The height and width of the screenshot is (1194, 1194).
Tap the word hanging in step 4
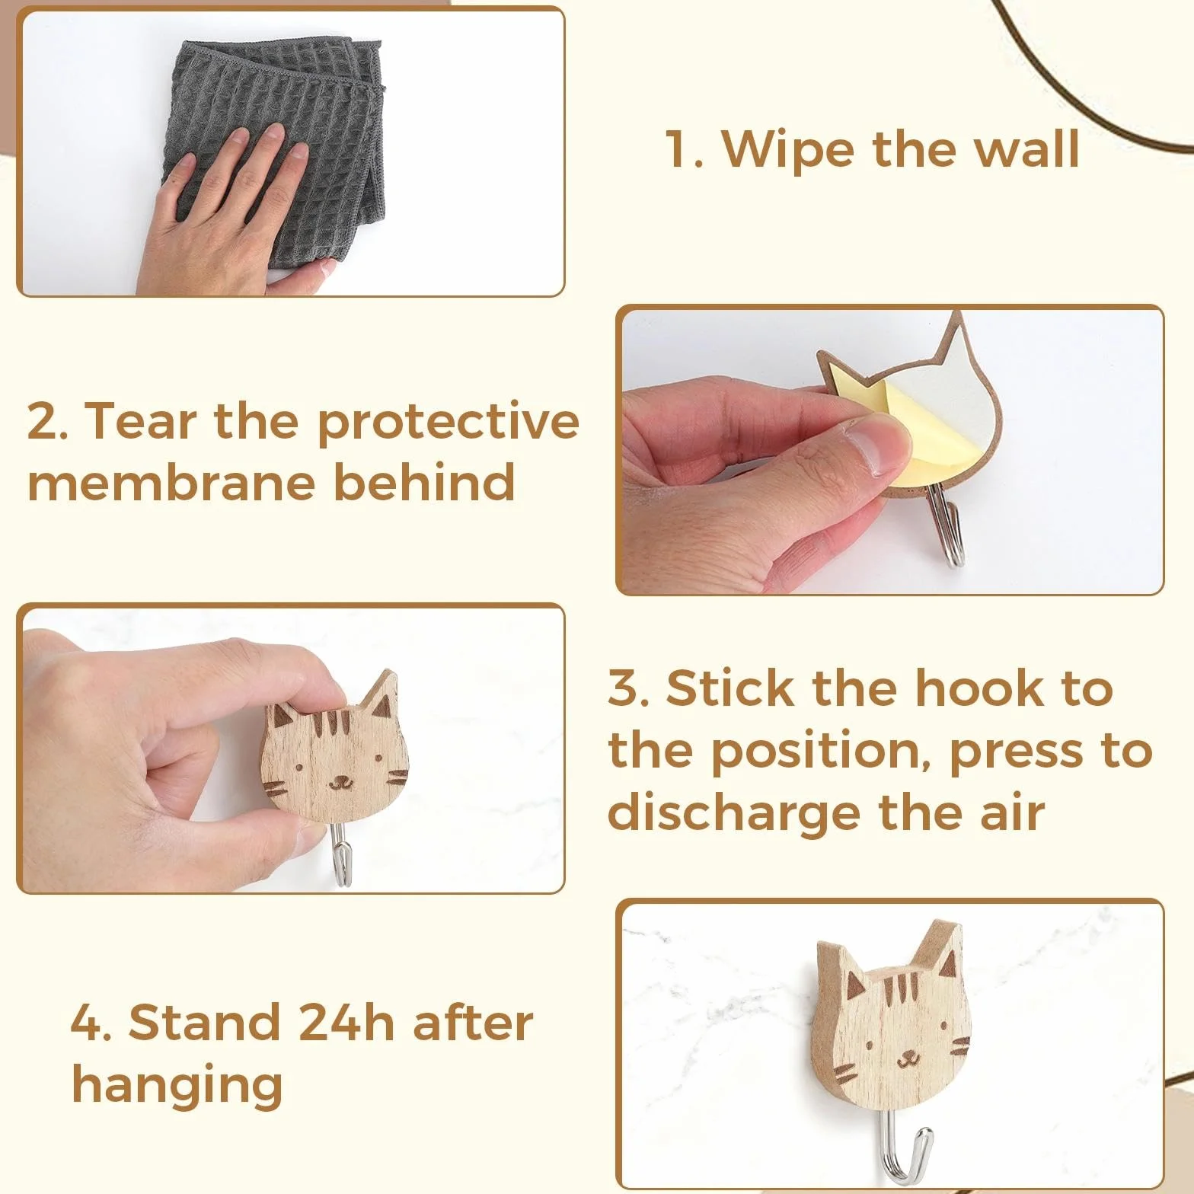[x=177, y=1085]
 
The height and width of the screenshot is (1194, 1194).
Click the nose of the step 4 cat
[x=907, y=1055]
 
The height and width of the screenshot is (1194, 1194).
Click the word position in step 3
[x=813, y=752]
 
